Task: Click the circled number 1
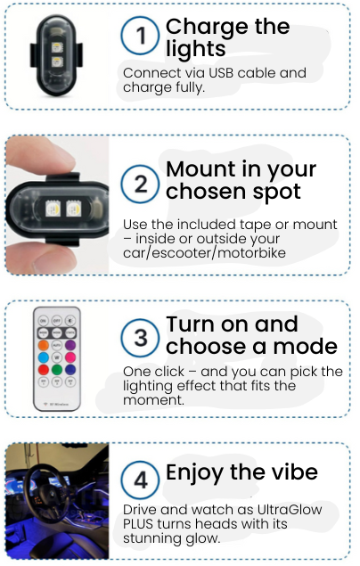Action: (x=140, y=36)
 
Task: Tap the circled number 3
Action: (x=140, y=338)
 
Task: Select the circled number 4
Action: (x=140, y=480)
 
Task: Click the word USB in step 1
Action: (x=222, y=73)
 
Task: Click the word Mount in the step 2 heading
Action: (x=200, y=169)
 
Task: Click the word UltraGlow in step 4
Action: (x=290, y=510)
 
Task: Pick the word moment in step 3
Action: (x=152, y=400)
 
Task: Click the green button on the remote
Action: (x=57, y=370)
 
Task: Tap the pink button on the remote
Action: (x=70, y=357)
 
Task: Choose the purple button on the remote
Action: (x=70, y=345)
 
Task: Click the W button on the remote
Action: (x=57, y=357)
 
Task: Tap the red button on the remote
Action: (x=44, y=370)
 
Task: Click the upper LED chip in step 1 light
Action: (x=57, y=47)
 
